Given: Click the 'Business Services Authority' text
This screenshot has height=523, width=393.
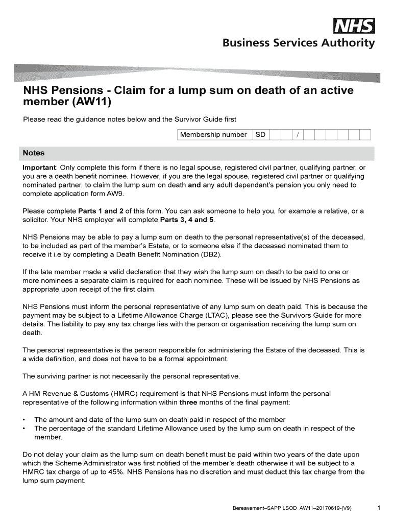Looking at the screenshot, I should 298,43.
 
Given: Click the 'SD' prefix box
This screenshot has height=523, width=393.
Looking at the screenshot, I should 260,135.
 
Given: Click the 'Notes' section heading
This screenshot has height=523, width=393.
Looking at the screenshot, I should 34,153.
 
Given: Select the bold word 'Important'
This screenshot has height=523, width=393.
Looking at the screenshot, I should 39,168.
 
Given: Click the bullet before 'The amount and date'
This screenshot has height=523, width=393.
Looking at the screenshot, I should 24,420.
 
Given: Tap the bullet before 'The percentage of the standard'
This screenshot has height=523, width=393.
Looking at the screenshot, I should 24,429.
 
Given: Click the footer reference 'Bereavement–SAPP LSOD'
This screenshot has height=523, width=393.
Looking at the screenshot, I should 263,509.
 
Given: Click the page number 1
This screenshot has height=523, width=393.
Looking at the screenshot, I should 378,508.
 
